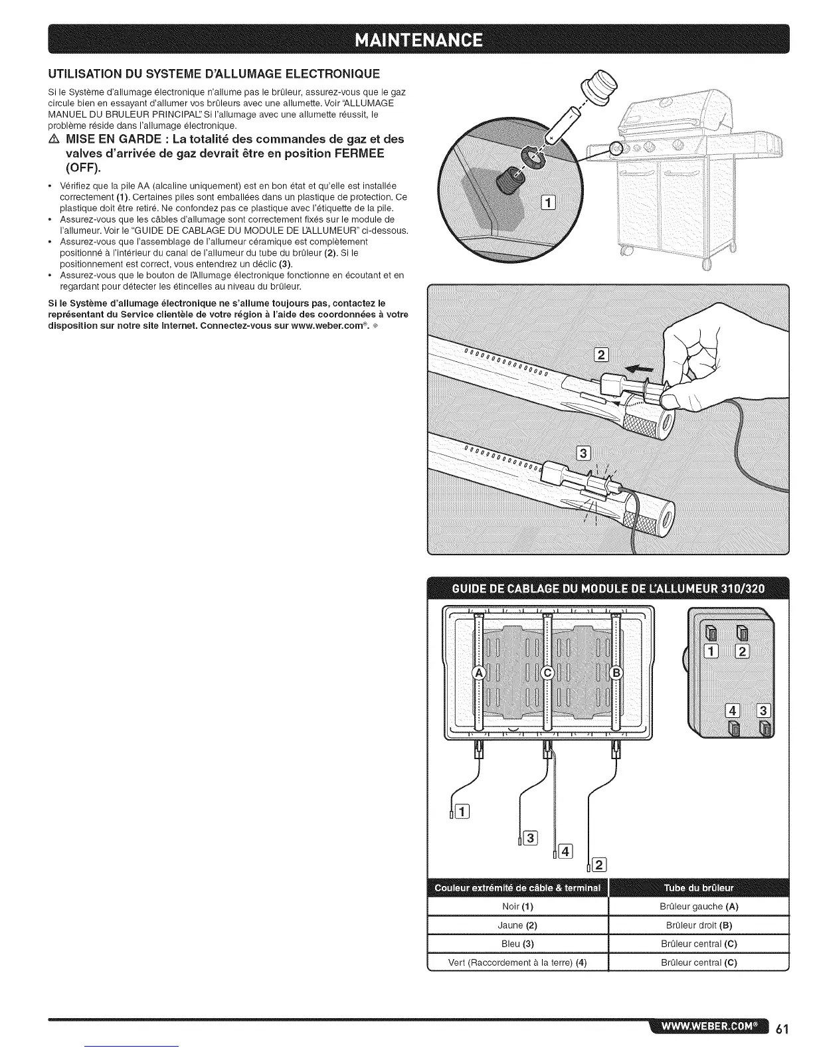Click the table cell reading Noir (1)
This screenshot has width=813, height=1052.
pyautogui.click(x=517, y=907)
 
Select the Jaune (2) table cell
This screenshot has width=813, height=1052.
pyautogui.click(x=517, y=925)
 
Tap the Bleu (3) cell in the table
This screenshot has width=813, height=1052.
pyautogui.click(x=517, y=944)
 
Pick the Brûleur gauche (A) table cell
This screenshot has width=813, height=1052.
pyautogui.click(x=699, y=907)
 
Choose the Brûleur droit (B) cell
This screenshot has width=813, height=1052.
pyautogui.click(x=699, y=925)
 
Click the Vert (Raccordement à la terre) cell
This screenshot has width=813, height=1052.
pyautogui.click(x=517, y=962)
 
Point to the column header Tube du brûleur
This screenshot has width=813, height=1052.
pyautogui.click(x=699, y=889)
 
